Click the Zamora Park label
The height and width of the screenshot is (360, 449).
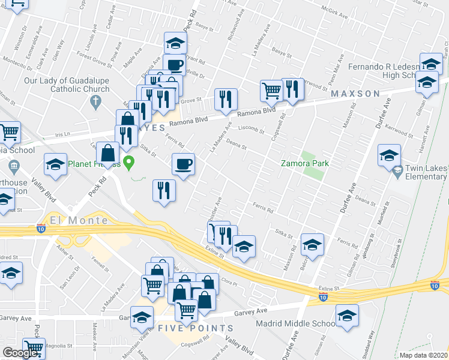pos(305,164)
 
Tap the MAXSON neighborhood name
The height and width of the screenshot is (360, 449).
pos(354,94)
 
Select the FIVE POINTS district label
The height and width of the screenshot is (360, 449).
pos(196,328)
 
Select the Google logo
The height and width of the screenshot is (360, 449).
pos(20,353)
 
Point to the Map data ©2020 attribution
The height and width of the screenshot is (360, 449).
pos(423,355)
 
